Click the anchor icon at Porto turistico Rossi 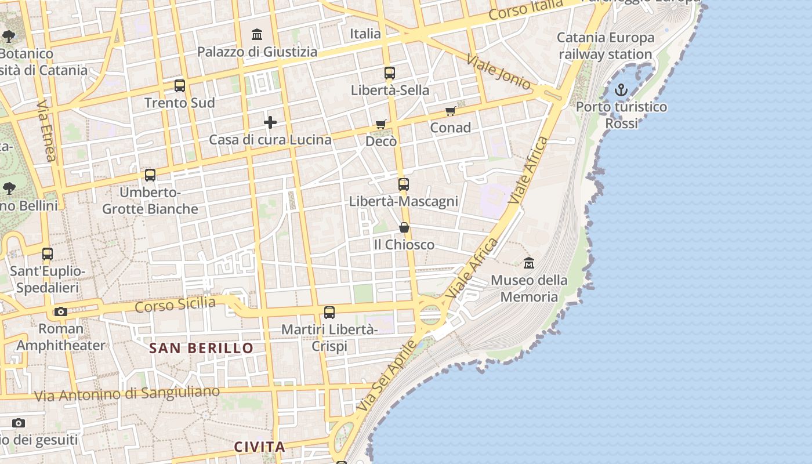[x=621, y=90]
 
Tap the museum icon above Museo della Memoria [x=528, y=263]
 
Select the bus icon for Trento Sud [x=180, y=86]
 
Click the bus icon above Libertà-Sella [x=390, y=73]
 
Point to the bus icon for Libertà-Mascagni [x=404, y=184]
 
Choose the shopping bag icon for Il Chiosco [x=404, y=227]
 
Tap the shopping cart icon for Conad [x=451, y=111]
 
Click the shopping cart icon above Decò [x=381, y=124]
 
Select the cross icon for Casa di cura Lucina [x=270, y=122]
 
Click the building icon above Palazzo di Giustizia [x=257, y=35]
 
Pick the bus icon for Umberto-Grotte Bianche [x=150, y=175]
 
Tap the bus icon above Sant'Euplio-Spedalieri [x=48, y=254]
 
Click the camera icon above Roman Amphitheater [x=61, y=312]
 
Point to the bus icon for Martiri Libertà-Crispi [x=329, y=313]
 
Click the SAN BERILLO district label [x=201, y=348]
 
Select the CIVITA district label [x=260, y=447]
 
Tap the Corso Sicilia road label [x=175, y=304]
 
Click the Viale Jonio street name [x=498, y=72]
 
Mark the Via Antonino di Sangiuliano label [x=127, y=394]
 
